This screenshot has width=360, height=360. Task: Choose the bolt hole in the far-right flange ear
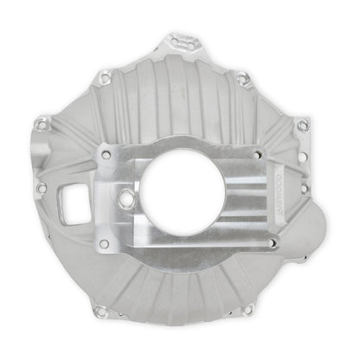click(x=301, y=125)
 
